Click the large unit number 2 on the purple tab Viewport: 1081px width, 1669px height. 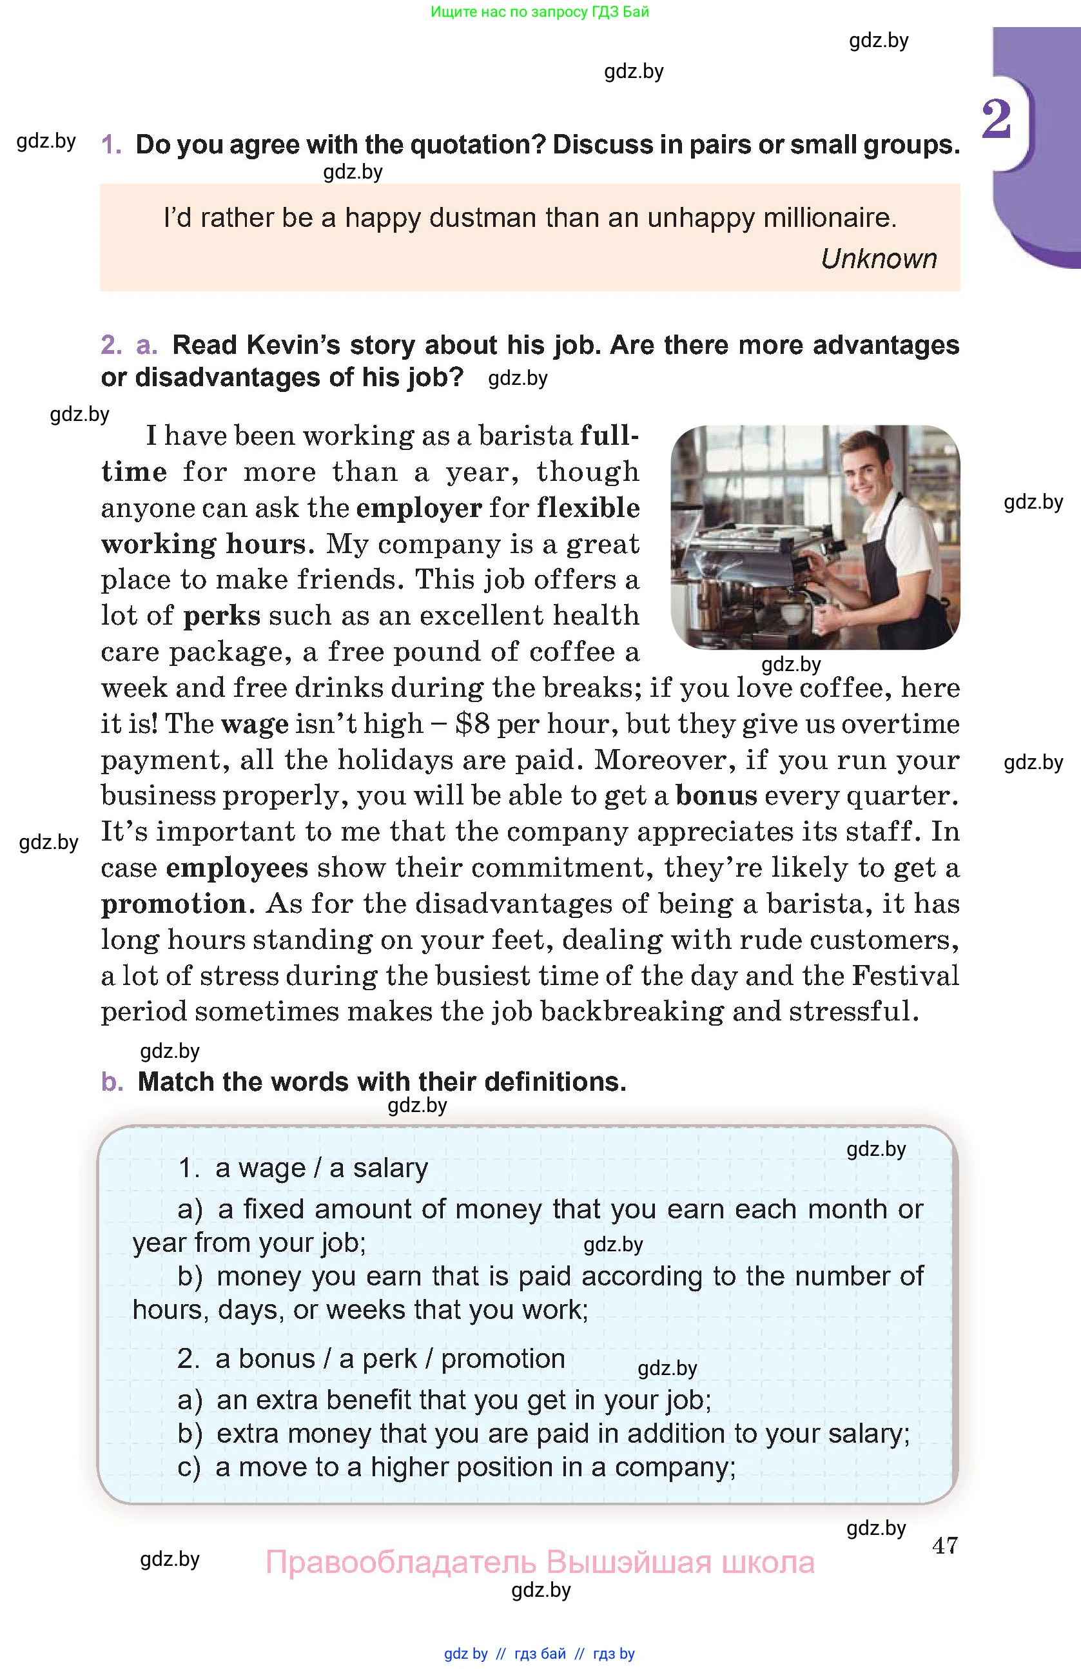[996, 119]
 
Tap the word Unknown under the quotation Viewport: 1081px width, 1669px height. [879, 259]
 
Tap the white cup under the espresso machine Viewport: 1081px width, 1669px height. [794, 614]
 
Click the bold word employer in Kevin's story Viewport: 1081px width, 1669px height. [419, 508]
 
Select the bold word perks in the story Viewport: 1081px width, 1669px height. [222, 616]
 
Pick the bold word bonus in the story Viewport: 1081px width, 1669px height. [716, 795]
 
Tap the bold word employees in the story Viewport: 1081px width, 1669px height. [237, 868]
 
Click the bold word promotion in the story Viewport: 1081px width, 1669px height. [174, 904]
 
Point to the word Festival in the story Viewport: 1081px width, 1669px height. [905, 975]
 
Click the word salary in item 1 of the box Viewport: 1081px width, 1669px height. [391, 1168]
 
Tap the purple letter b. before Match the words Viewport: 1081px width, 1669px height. [112, 1082]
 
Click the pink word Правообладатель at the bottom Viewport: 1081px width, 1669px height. [401, 1563]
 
